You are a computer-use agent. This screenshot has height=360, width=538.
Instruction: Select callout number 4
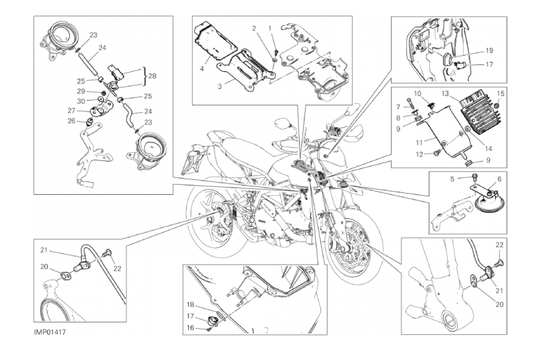pyautogui.click(x=202, y=68)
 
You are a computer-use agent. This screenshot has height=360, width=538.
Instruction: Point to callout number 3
pyautogui.click(x=219, y=87)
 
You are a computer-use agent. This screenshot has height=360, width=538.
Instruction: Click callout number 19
pyautogui.click(x=488, y=50)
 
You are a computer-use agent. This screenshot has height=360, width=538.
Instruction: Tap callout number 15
pyautogui.click(x=501, y=93)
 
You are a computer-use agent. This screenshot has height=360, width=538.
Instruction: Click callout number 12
pyautogui.click(x=418, y=155)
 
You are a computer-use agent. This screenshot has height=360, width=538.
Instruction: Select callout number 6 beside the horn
pyautogui.click(x=499, y=179)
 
